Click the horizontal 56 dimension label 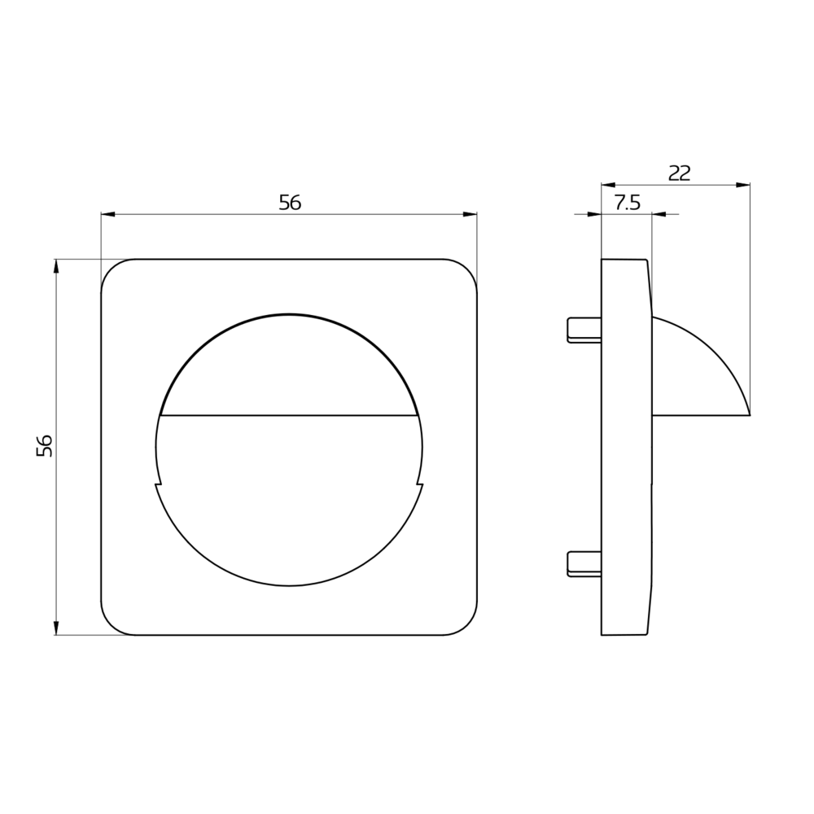point(290,203)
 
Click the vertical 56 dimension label point(45,445)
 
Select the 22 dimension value point(680,173)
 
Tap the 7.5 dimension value point(627,203)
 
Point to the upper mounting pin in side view point(584,330)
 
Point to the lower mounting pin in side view point(584,564)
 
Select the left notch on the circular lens point(158,484)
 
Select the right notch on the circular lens point(420,484)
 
